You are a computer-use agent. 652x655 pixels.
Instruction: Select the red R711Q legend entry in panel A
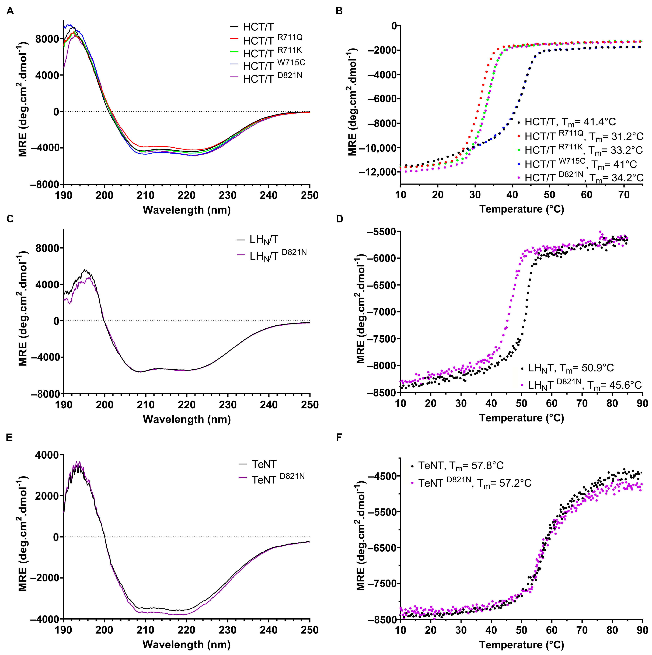pyautogui.click(x=266, y=40)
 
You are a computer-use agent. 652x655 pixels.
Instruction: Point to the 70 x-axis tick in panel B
pyautogui.click(x=624, y=195)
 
